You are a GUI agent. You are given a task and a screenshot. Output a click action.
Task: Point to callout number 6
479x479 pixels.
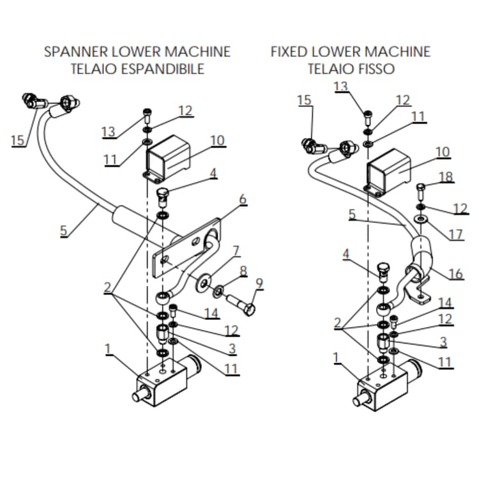tap(243, 200)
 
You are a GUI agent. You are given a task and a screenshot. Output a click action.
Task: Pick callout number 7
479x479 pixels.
tap(236, 250)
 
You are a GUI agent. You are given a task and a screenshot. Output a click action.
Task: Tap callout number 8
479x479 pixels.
tap(243, 271)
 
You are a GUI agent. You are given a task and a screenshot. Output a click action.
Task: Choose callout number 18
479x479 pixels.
tap(446, 177)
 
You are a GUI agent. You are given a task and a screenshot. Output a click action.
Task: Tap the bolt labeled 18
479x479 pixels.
tap(422, 191)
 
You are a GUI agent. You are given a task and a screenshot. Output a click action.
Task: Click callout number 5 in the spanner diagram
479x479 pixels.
tap(63, 231)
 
